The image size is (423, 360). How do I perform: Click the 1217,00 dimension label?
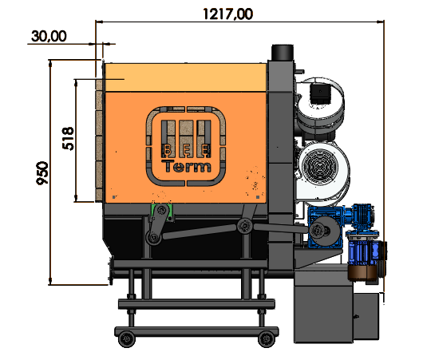[x=228, y=14]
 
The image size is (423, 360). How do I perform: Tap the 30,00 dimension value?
[x=49, y=36]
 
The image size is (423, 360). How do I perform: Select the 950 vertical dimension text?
[x=42, y=173]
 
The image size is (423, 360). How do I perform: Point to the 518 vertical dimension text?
[x=68, y=138]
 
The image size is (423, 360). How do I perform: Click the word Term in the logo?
[x=187, y=166]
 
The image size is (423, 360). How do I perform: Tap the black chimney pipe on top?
[x=283, y=53]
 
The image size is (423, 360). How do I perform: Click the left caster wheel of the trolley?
[x=127, y=339]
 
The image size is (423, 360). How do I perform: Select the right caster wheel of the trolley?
[x=267, y=339]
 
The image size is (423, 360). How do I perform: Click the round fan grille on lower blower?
[x=320, y=164]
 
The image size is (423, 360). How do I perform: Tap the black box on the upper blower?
[x=320, y=93]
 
